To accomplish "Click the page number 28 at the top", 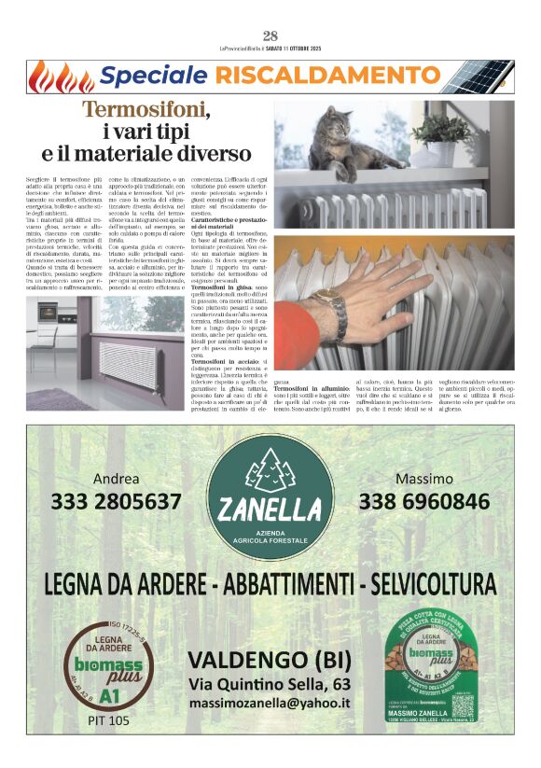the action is (x=270, y=35).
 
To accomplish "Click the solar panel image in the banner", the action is (x=490, y=77).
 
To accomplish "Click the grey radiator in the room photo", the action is (x=128, y=355).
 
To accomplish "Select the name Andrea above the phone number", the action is (x=117, y=478).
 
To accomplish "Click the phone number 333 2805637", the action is (x=117, y=502).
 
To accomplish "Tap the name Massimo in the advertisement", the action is (x=424, y=478).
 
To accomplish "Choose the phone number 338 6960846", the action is (x=424, y=502).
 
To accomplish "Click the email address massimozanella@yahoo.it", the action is (x=270, y=703).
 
